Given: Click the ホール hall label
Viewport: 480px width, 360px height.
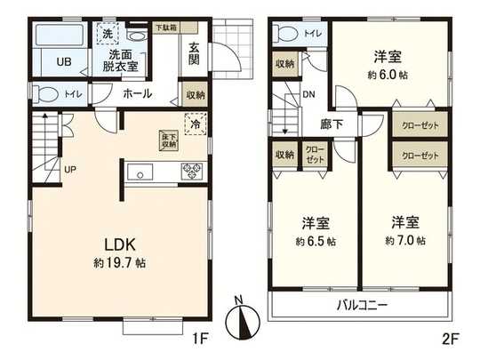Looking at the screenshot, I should pos(136,93).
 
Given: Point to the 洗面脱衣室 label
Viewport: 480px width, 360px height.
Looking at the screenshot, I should pos(116,59).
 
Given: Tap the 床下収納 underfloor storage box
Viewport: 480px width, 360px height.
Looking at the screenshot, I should pos(168,140).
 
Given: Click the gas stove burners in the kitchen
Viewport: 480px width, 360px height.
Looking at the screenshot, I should pos(192,172).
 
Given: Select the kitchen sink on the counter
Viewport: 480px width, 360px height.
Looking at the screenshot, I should pos(143,172).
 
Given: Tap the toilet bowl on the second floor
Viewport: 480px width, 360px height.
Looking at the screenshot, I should pos(287,35).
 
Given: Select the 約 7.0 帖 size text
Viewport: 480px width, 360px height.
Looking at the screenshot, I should pos(405,241).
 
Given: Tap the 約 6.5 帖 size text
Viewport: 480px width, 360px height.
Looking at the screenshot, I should pos(316,241).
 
